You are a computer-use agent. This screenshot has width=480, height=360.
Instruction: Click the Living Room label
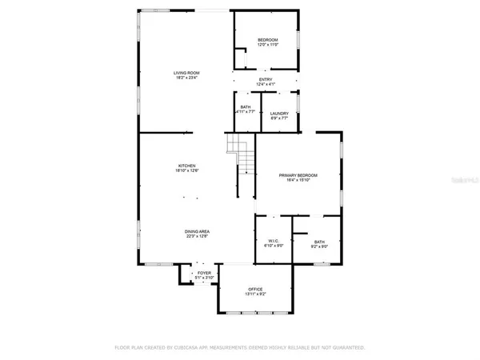pyautogui.click(x=186, y=73)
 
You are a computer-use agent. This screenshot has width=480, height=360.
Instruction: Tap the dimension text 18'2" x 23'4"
pyautogui.click(x=186, y=78)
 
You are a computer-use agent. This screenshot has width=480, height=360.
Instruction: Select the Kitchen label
pyautogui.click(x=186, y=166)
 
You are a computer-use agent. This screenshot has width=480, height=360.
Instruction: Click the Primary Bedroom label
pyautogui.click(x=298, y=174)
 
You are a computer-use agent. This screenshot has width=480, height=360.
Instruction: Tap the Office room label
pyautogui.click(x=255, y=289)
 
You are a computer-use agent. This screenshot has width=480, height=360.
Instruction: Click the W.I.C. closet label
pyautogui.click(x=272, y=241)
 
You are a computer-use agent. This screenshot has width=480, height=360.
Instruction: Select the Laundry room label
pyautogui.click(x=279, y=114)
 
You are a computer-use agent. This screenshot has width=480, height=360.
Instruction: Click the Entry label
pyautogui.click(x=265, y=79)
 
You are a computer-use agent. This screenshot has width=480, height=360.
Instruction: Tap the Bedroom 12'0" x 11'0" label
pyautogui.click(x=267, y=40)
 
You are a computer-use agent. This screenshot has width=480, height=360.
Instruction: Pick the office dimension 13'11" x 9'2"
pyautogui.click(x=255, y=294)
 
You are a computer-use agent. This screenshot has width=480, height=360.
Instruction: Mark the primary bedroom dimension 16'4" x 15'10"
pyautogui.click(x=298, y=180)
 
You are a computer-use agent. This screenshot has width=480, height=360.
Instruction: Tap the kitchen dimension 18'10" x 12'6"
pyautogui.click(x=186, y=171)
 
